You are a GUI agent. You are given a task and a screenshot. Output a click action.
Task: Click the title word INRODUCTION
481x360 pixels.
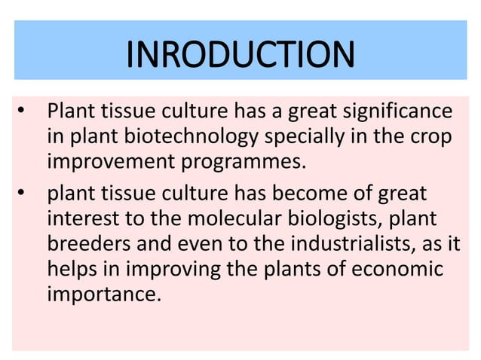click(240, 53)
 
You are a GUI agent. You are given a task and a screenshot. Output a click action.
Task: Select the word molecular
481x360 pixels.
click(231, 220)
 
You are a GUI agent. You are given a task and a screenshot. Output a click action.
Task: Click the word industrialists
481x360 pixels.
click(358, 246)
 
